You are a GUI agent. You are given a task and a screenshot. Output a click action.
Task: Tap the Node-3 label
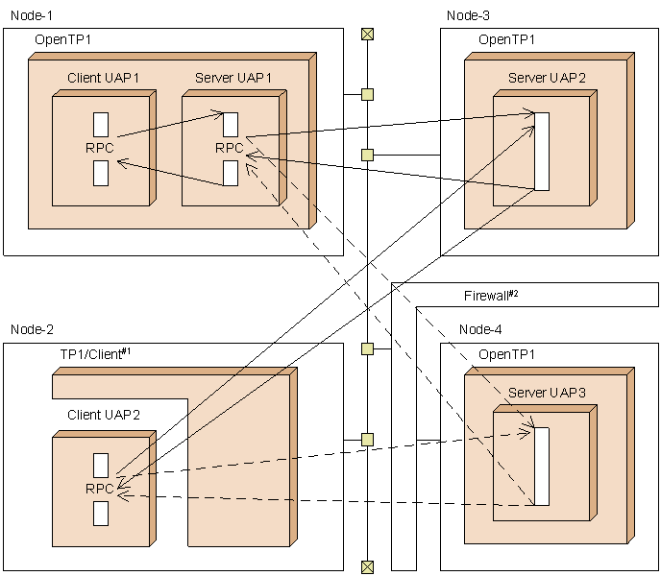pos(468,14)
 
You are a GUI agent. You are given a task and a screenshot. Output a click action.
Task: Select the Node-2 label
pos(32,329)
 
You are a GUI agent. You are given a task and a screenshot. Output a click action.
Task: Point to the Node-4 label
pos(480,329)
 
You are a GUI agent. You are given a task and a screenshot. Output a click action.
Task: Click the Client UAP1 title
pos(103,78)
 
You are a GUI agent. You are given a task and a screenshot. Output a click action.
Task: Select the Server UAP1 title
pos(233,78)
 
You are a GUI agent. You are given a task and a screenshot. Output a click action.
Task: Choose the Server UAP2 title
pos(547,78)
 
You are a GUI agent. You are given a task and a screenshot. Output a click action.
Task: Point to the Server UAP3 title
pos(547,392)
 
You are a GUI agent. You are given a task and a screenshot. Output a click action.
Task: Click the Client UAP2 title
pos(104,415)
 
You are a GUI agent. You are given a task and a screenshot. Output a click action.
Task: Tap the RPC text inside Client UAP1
pos(100,148)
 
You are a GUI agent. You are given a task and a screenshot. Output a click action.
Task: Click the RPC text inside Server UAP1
pos(230,148)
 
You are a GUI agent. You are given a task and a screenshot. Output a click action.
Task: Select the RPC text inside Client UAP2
pos(100,488)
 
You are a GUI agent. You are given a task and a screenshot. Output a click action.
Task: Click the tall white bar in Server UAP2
pos(541,151)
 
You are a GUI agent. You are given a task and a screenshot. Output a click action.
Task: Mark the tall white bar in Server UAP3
pos(541,466)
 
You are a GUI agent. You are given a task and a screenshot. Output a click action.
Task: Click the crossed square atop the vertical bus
pos(366,35)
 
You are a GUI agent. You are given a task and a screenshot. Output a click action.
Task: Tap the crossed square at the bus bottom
pos(366,566)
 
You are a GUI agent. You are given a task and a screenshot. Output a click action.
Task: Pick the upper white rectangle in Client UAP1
pos(101,124)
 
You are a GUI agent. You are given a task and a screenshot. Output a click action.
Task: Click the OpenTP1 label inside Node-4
pos(506,354)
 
